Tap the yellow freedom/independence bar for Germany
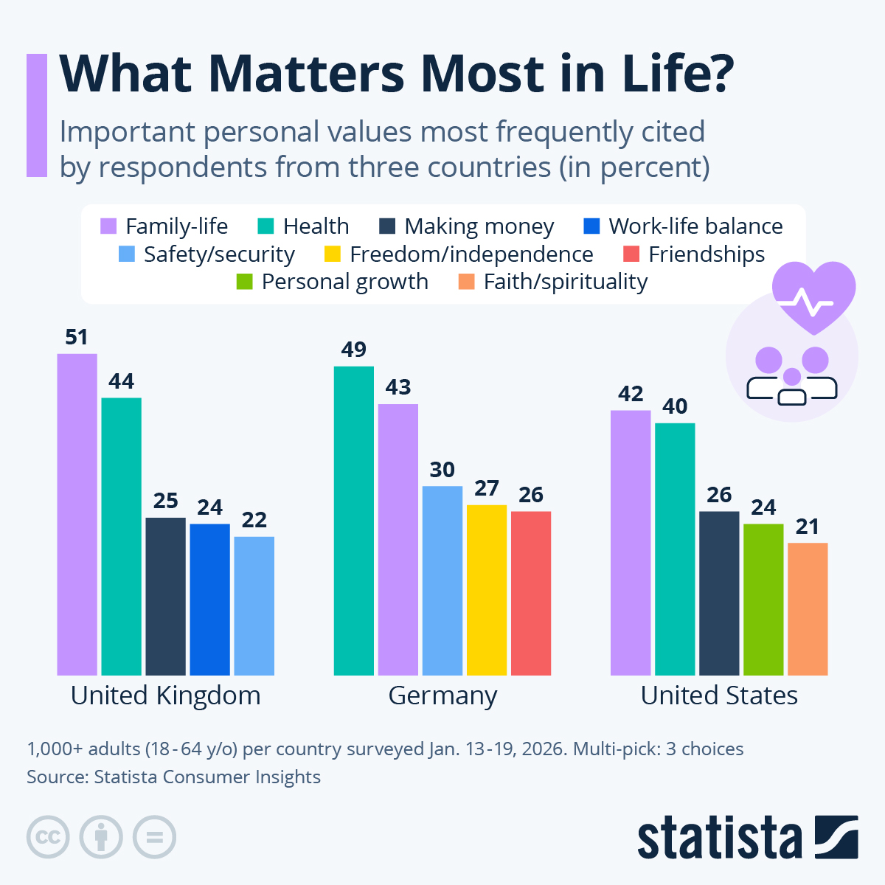487,590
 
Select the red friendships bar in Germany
531,593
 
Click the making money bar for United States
719,593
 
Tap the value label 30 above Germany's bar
442,470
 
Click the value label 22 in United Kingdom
254,520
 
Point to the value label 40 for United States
675,406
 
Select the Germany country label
442,695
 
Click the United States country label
719,695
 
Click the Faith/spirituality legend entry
553,282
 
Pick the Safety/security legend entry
207,254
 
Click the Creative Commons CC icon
48,837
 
